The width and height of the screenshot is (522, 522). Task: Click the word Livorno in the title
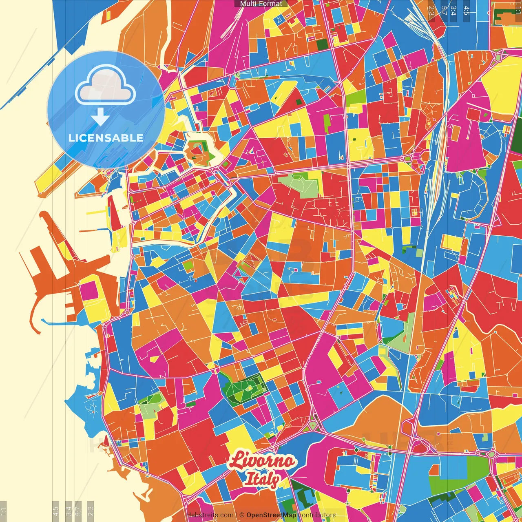pos(261,460)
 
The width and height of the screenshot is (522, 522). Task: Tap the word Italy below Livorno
pos(262,479)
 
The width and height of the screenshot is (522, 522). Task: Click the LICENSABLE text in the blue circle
pos(106,138)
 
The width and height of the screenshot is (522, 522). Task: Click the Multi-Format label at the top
pos(261,4)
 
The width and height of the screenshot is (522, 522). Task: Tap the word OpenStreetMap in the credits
pos(271,515)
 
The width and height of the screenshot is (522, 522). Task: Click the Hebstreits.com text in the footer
pos(210,515)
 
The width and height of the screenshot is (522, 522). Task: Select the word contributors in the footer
pos(317,515)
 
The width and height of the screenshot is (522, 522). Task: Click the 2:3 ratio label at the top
pos(431,11)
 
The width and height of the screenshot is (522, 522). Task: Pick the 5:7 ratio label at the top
pos(444,11)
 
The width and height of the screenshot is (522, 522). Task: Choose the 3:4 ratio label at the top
pos(453,11)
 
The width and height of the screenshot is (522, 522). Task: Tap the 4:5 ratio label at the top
pos(467,11)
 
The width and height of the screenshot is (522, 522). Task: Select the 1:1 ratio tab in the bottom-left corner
pos(3,511)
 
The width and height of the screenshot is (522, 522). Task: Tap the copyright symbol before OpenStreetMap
pos(242,515)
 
